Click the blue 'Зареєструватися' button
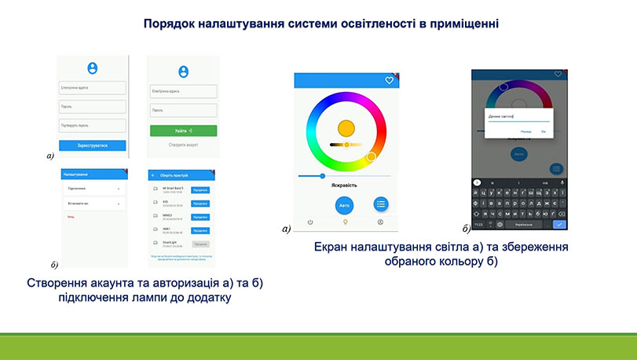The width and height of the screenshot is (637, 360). click(x=93, y=145)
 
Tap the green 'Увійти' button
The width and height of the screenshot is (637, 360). click(x=183, y=130)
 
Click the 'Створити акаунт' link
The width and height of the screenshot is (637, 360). click(x=183, y=145)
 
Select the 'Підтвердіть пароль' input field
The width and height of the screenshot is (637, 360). click(x=93, y=125)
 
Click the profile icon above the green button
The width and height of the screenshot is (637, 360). click(x=183, y=72)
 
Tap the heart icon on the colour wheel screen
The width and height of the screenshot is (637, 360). click(x=388, y=80)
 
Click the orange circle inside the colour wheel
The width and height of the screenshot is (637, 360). click(x=346, y=127)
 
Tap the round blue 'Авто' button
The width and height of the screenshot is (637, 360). click(x=343, y=204)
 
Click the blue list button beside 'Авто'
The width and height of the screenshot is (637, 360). click(x=381, y=204)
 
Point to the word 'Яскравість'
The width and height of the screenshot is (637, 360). click(x=344, y=186)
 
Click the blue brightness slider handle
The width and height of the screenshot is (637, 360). click(x=322, y=175)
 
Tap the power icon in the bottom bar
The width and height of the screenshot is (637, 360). click(x=310, y=222)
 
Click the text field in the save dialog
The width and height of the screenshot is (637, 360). click(x=514, y=116)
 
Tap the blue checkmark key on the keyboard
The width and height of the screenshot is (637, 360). click(x=558, y=225)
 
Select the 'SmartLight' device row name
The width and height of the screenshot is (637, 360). click(x=170, y=243)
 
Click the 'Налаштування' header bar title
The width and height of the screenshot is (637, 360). click(x=76, y=174)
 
